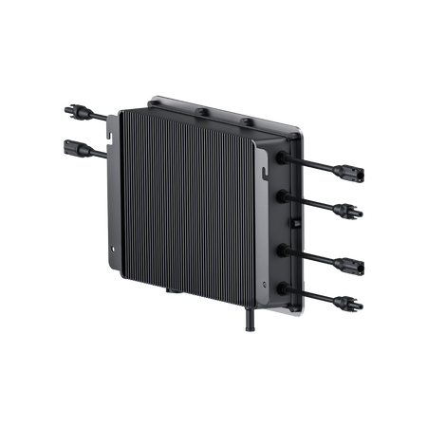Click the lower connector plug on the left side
point(72,148)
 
